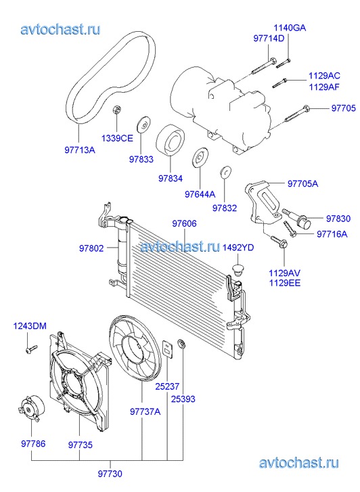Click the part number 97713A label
coord(80,150)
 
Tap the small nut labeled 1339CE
coord(117,110)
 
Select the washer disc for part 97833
coord(143,125)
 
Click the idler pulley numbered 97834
coord(171,139)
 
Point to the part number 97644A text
coord(200,194)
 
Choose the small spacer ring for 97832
coord(225,172)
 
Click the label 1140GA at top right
coord(290,28)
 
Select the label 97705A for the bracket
coord(302,183)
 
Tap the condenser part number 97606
coord(184,224)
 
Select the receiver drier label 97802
coord(91,248)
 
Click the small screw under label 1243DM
coord(32,349)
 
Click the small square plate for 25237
coord(168,349)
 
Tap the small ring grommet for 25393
coord(182,344)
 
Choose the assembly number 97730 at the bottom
coord(110,474)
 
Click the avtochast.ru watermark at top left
coord(60,30)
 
